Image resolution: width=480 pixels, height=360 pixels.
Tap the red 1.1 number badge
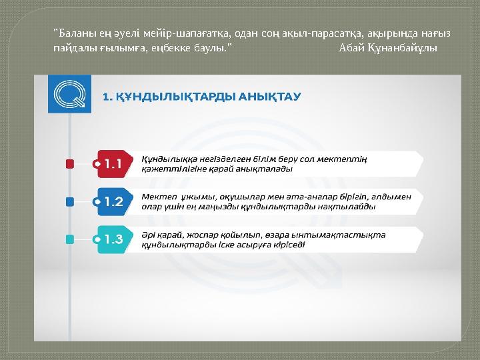(114, 163)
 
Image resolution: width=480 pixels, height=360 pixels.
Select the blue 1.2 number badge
(114, 201)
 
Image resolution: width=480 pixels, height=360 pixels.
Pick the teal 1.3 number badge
(114, 239)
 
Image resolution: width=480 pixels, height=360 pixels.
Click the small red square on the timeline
(69, 163)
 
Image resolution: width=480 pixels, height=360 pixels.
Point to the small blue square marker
(69, 201)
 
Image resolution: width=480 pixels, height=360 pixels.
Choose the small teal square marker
(69, 239)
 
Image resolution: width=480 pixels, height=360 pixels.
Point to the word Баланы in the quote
(73, 34)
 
